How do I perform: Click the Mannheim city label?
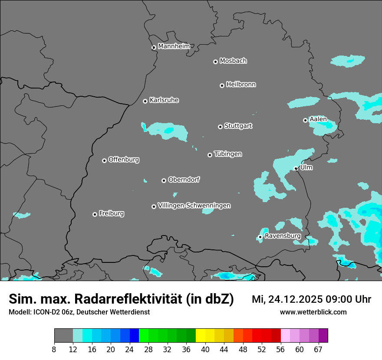(174, 46)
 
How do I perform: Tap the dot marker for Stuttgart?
(221, 127)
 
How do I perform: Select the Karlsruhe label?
(164, 100)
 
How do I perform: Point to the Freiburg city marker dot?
(95, 214)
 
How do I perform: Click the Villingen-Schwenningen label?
(194, 206)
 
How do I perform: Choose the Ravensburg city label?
(283, 236)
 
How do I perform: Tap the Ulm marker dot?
(296, 168)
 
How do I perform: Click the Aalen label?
(318, 119)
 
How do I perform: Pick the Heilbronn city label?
(241, 85)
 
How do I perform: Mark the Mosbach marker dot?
(215, 62)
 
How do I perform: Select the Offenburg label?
(124, 160)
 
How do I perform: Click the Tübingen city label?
(228, 154)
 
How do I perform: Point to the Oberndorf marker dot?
(164, 180)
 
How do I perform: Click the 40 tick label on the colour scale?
(205, 350)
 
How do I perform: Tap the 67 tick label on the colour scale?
(318, 350)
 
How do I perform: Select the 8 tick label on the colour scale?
(54, 350)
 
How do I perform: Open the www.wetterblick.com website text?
(313, 312)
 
